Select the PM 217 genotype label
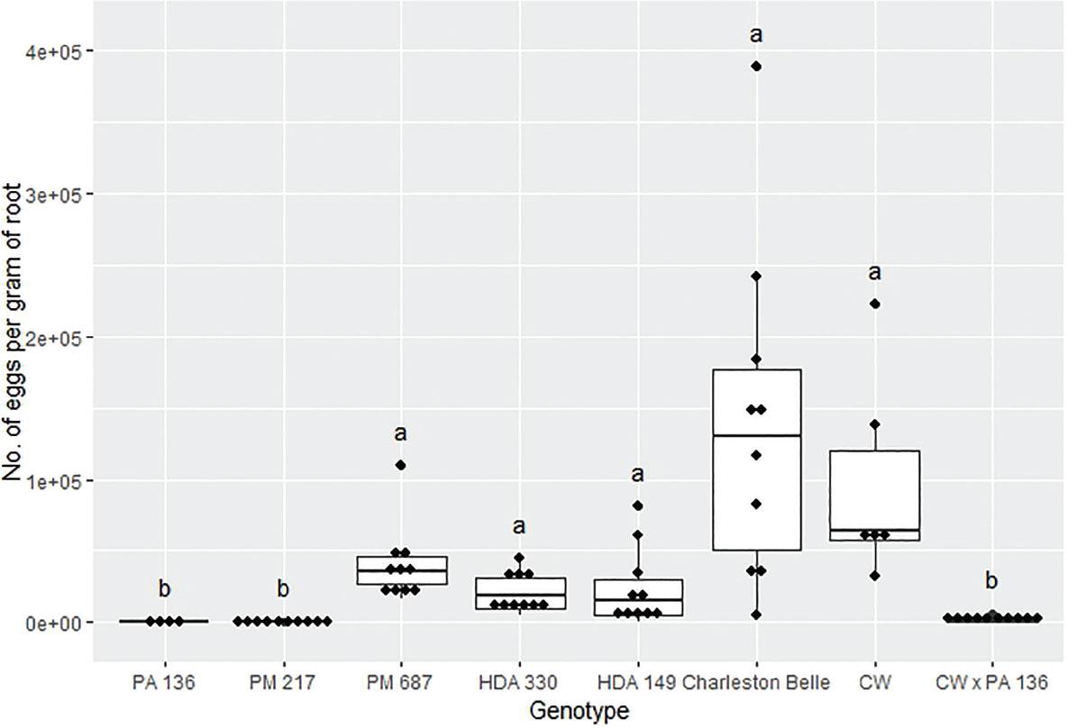coord(283,683)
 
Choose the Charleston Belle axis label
coord(756,683)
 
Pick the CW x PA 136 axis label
coord(992,683)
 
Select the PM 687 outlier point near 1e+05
coord(401,465)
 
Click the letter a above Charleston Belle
coord(757,36)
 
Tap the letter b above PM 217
coord(283,589)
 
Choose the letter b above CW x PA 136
coord(992,582)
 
